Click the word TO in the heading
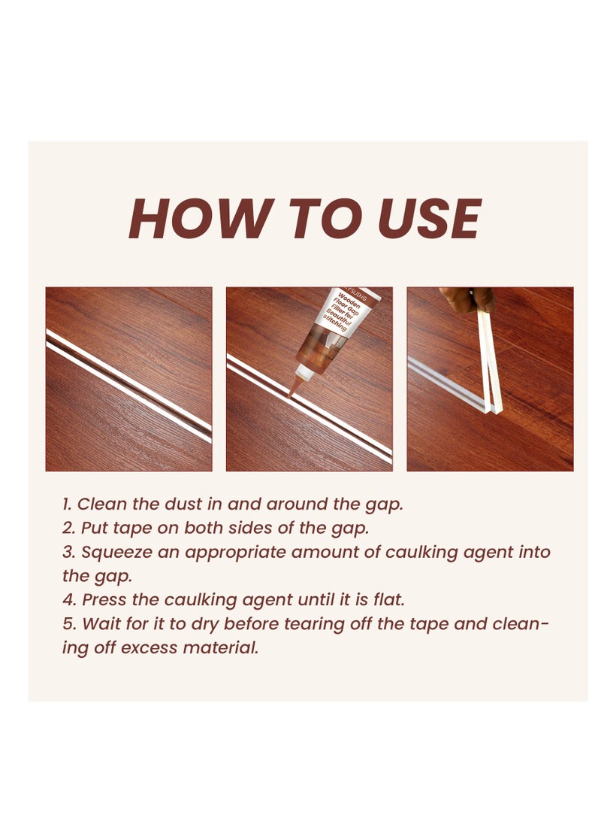[x=318, y=220]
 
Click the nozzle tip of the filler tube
[x=291, y=392]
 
